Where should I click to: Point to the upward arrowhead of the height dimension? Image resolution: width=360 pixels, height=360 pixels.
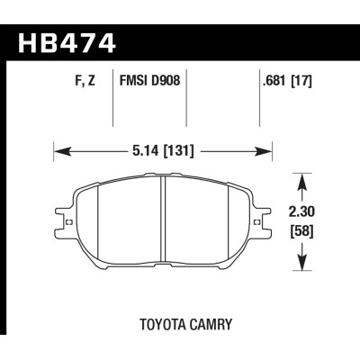(301, 180)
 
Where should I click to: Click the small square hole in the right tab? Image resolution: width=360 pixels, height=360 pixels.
(262, 218)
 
